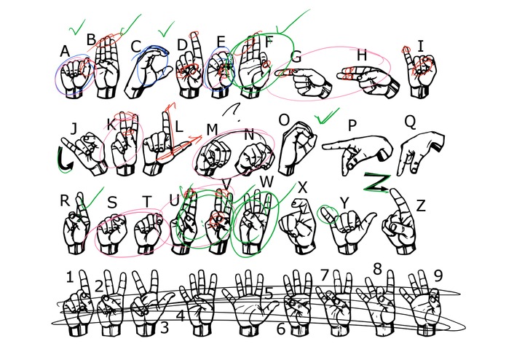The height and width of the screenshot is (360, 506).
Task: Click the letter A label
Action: [65, 51]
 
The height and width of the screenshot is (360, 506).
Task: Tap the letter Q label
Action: [410, 122]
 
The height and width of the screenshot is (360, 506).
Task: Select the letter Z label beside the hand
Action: [421, 206]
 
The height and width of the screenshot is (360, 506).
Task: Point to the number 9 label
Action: [438, 275]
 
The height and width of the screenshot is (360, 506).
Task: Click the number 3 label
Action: [165, 327]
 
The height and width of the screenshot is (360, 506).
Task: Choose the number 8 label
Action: [377, 269]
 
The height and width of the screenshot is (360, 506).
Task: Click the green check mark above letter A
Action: [76, 28]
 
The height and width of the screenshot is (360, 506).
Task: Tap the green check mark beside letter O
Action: [327, 116]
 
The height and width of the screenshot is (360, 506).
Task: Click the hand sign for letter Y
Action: [349, 230]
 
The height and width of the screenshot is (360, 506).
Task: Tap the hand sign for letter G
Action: [305, 82]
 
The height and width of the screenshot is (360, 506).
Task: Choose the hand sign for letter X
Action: [298, 226]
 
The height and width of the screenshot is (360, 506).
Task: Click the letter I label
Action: [421, 46]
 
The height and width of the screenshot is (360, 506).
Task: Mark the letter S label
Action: [111, 203]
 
